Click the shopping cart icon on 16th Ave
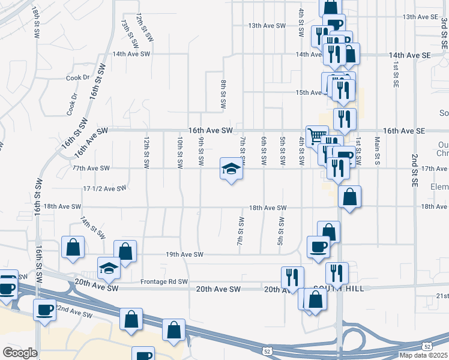(x=316, y=135)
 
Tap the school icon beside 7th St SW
(x=231, y=169)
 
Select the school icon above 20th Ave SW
(x=109, y=267)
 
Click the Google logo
(x=20, y=352)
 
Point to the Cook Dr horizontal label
(x=77, y=77)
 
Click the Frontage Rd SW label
(x=164, y=281)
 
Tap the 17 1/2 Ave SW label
(x=104, y=188)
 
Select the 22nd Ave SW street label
(x=73, y=312)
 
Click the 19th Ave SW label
(x=184, y=254)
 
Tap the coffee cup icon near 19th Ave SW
(x=318, y=245)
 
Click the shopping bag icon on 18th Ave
(x=349, y=196)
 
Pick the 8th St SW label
(x=223, y=94)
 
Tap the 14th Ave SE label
(x=410, y=55)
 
